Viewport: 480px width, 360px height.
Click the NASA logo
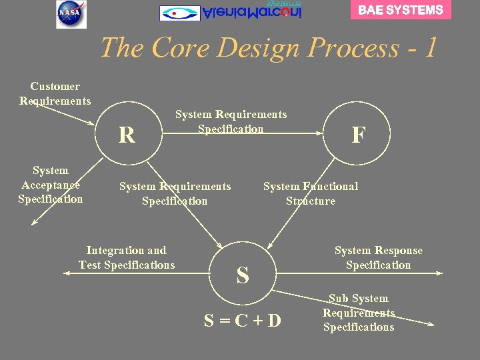pyautogui.click(x=71, y=14)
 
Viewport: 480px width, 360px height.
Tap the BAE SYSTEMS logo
pyautogui.click(x=401, y=10)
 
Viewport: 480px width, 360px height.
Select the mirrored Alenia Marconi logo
pyautogui.click(x=231, y=12)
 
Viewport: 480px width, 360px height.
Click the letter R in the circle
pyautogui.click(x=127, y=135)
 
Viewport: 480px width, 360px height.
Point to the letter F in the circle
pyautogui.click(x=359, y=135)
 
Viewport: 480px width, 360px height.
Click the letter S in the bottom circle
pyautogui.click(x=243, y=275)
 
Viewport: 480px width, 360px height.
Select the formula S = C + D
pyautogui.click(x=243, y=321)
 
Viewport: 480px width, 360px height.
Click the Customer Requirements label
pyautogui.click(x=55, y=93)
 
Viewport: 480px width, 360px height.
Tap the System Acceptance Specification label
pyautogui.click(x=51, y=185)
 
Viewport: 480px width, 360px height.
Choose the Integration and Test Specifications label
pyautogui.click(x=127, y=258)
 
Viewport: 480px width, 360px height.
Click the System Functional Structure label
pyautogui.click(x=311, y=194)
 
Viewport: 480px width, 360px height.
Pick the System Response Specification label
pyautogui.click(x=379, y=258)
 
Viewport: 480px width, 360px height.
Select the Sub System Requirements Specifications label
pyautogui.click(x=359, y=313)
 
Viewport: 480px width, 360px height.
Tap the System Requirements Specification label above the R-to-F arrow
pyautogui.click(x=231, y=121)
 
